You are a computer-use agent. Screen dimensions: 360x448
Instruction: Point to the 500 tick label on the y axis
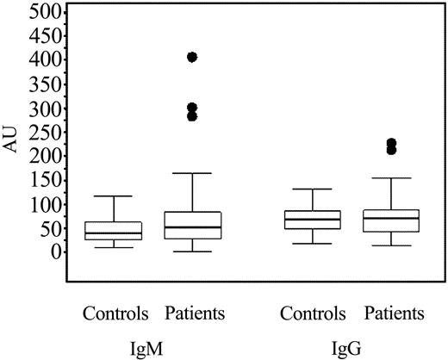point(44,12)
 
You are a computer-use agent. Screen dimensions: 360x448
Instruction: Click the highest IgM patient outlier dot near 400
point(192,57)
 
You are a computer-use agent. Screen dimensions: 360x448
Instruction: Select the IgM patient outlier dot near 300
point(192,108)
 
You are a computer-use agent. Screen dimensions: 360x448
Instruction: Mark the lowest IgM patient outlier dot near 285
point(192,116)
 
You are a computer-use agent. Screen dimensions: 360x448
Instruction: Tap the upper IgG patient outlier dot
point(392,143)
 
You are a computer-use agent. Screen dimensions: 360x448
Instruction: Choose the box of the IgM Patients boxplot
point(192,225)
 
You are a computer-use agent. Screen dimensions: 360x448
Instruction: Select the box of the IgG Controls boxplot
point(313,220)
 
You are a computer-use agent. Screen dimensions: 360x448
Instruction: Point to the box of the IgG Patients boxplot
point(392,220)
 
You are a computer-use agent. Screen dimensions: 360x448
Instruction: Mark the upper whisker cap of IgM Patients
point(192,173)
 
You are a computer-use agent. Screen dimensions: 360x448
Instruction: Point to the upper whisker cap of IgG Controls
point(313,189)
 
